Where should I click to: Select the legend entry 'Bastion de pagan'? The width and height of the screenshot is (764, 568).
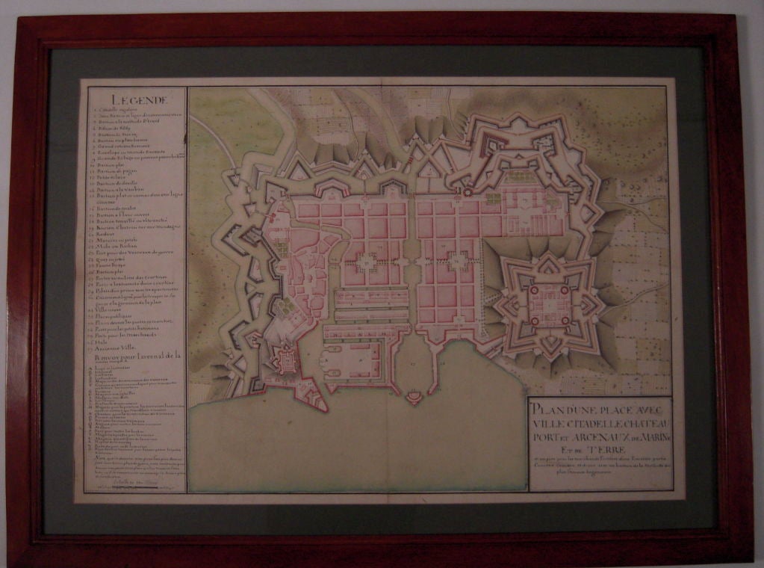(117, 170)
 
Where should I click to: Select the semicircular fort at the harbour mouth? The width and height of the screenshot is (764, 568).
(412, 396)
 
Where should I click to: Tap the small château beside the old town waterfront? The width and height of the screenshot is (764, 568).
(286, 361)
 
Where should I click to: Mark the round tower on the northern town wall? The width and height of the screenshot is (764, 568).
(469, 191)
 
